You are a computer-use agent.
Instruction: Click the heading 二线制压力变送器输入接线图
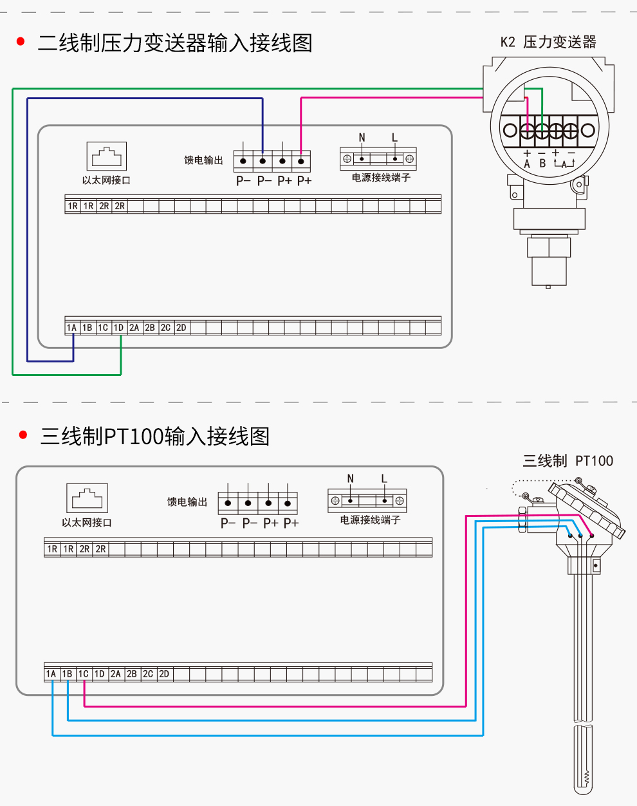pyautogui.click(x=175, y=43)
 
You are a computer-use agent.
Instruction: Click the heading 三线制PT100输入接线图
pyautogui.click(x=154, y=436)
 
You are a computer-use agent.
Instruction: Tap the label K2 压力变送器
pyautogui.click(x=548, y=42)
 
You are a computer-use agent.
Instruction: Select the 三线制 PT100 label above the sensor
pyautogui.click(x=568, y=461)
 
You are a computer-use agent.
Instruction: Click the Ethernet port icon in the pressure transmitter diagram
pyautogui.click(x=106, y=156)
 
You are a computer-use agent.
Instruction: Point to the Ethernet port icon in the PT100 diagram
pyautogui.click(x=87, y=498)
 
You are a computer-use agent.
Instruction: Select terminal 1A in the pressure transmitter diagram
pyautogui.click(x=71, y=328)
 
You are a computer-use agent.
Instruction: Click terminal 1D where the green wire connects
pyautogui.click(x=118, y=328)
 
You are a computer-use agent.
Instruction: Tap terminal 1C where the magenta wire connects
pyautogui.click(x=83, y=674)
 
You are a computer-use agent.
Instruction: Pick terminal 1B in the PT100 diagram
pyautogui.click(x=67, y=674)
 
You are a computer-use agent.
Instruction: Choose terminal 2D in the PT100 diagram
pyautogui.click(x=164, y=674)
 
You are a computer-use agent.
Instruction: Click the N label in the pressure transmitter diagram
pyautogui.click(x=362, y=138)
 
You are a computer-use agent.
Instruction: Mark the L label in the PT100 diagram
pyautogui.click(x=384, y=479)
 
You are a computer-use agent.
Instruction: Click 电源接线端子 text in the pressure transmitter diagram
pyautogui.click(x=380, y=178)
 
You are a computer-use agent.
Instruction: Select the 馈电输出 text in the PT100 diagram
pyautogui.click(x=187, y=502)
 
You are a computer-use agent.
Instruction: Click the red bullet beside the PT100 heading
pyautogui.click(x=24, y=435)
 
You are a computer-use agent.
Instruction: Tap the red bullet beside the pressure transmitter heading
pyautogui.click(x=21, y=42)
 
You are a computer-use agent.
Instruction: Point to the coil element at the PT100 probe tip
pyautogui.click(x=586, y=778)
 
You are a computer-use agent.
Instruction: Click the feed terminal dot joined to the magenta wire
pyautogui.click(x=301, y=161)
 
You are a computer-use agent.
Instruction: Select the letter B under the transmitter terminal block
pyautogui.click(x=542, y=164)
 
